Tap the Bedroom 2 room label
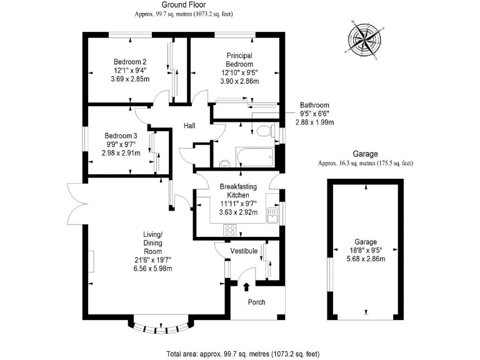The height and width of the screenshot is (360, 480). coord(130,62)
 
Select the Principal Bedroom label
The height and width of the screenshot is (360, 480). coord(239,60)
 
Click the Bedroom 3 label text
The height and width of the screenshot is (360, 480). coord(121,136)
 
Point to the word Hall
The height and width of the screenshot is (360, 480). coord(189,126)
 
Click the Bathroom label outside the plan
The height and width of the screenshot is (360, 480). coord(314,105)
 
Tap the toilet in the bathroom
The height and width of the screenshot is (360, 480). coord(264,131)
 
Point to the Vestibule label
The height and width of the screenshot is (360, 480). coord(244,251)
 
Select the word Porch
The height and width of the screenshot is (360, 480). coord(257,302)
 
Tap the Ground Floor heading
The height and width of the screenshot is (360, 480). coord(181,4)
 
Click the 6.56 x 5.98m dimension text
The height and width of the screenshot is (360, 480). coord(152,269)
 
